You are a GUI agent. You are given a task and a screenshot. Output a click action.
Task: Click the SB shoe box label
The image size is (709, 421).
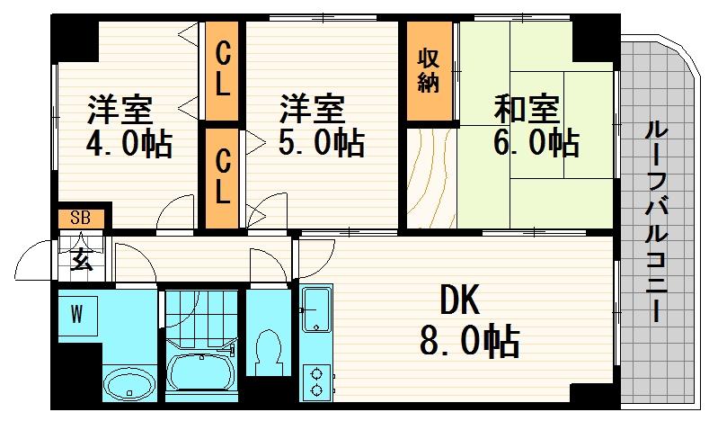tap(80, 219)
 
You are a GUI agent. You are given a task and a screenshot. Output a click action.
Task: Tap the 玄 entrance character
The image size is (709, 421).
tap(82, 259)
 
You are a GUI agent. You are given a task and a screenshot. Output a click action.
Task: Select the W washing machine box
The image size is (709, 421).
tap(78, 316)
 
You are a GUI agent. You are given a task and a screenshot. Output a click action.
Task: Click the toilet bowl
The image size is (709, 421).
tap(268, 352)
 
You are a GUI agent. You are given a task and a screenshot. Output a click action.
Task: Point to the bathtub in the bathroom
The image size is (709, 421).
tap(201, 371)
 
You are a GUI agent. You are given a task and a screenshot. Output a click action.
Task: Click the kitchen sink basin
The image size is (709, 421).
tap(315, 310)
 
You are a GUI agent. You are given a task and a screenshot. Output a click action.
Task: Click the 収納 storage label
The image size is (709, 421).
tap(429, 70)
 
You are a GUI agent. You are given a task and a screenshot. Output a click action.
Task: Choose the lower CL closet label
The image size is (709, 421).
tap(222, 176)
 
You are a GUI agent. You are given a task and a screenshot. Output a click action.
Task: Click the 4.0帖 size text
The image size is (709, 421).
tap(129, 144)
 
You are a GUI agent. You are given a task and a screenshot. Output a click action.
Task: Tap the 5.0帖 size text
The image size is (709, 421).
tap(322, 144)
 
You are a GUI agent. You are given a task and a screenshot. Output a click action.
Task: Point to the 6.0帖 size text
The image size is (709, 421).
tap(536, 144)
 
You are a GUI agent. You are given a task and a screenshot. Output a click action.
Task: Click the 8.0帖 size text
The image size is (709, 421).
tap(469, 341)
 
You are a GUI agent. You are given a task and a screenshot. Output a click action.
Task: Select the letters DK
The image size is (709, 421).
tap(460, 300)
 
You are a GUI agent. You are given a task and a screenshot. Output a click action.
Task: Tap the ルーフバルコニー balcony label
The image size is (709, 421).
tap(657, 221)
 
